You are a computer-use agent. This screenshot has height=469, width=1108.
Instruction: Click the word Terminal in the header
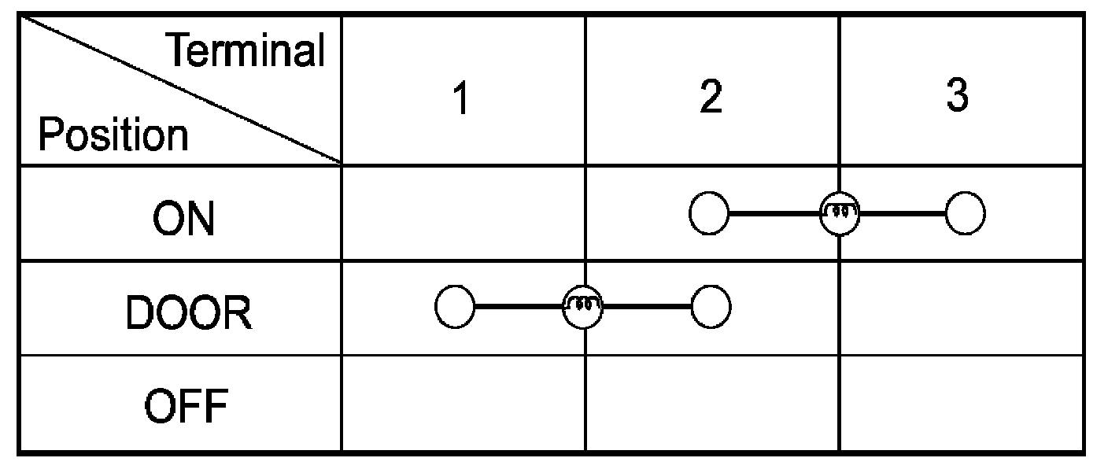click(x=247, y=50)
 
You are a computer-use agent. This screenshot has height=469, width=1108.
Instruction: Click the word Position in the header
click(x=113, y=135)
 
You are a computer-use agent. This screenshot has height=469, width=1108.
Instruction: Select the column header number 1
click(x=461, y=98)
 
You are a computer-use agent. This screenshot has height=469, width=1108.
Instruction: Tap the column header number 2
click(x=711, y=97)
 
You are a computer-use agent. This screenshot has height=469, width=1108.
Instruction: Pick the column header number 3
click(x=957, y=94)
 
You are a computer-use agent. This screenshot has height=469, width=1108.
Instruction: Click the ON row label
click(x=183, y=219)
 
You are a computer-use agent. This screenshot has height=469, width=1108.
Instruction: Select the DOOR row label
click(x=188, y=312)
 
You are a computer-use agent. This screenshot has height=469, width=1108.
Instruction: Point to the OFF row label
click(x=186, y=406)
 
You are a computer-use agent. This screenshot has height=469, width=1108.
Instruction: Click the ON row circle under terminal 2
click(x=709, y=213)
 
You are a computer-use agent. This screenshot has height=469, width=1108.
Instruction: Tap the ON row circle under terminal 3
click(x=965, y=213)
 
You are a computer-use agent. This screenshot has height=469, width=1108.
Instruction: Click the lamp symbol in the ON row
click(x=840, y=213)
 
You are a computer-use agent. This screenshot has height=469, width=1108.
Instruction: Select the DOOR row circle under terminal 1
click(x=455, y=307)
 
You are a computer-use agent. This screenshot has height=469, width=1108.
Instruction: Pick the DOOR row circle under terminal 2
click(x=711, y=307)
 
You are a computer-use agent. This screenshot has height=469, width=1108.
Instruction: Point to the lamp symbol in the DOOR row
click(x=582, y=307)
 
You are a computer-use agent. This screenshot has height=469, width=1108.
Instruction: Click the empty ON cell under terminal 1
click(x=464, y=213)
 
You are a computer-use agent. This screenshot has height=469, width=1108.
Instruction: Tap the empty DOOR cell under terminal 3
click(x=962, y=308)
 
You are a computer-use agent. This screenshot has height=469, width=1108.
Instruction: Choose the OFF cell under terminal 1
click(x=464, y=403)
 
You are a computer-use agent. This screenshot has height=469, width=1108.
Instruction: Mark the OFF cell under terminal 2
click(x=712, y=403)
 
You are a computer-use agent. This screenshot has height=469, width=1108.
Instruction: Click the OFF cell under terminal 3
click(x=962, y=403)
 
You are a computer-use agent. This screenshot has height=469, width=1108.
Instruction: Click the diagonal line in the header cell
click(x=182, y=90)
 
